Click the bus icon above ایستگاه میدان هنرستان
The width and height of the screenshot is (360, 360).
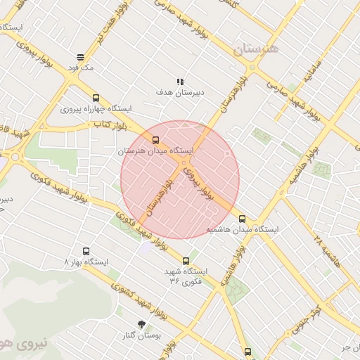pyautogui.click(x=156, y=140)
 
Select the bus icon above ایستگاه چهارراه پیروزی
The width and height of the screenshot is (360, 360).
pyautogui.click(x=96, y=98)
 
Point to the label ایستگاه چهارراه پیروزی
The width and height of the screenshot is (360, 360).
pyautogui.click(x=97, y=110)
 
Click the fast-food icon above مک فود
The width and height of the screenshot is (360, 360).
pyautogui.click(x=81, y=57)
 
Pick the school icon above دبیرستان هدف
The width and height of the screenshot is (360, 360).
pyautogui.click(x=181, y=82)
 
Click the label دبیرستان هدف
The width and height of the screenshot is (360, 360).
pyautogui.click(x=179, y=92)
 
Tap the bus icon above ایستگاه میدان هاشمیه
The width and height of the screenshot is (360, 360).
pyautogui.click(x=243, y=219)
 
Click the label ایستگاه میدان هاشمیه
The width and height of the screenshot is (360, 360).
pyautogui.click(x=243, y=230)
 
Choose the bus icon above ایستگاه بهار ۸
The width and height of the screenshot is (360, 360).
pyautogui.click(x=86, y=251)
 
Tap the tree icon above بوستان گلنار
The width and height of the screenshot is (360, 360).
pyautogui.click(x=142, y=325)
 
